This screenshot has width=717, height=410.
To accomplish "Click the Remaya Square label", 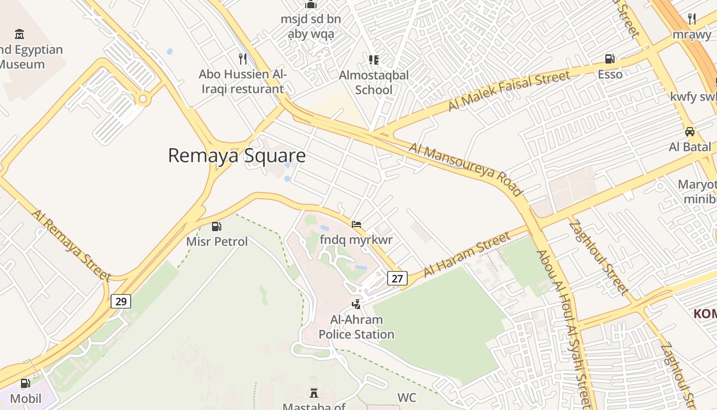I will tap(237, 155).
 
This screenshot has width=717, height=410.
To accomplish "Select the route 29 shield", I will tap(121, 301).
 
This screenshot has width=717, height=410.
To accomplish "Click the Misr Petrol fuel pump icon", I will tap(217, 227).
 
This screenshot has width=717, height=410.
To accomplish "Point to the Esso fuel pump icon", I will tap(610, 59).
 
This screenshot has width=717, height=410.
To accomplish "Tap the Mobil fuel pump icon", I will tap(25, 383).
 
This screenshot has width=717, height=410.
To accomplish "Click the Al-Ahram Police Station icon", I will tap(356, 304).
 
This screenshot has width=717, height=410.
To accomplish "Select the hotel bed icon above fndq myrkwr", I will tap(356, 224).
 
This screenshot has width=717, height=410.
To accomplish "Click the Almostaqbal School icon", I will tap(374, 60).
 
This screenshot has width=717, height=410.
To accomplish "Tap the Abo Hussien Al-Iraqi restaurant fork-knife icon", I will tap(243, 59).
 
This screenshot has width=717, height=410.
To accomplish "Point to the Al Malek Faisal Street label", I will tap(509, 91).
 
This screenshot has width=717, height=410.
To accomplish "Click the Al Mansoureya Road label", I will tap(465, 170).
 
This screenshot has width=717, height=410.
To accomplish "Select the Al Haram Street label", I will tap(467, 254).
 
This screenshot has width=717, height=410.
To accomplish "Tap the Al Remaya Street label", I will tap(71, 245).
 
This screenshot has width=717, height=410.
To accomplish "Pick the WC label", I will tap(407, 398).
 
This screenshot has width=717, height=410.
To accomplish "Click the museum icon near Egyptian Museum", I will tap(19, 34).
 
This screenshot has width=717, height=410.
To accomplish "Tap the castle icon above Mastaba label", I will tap(314, 394).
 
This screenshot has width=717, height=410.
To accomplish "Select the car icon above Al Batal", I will tap(690, 132).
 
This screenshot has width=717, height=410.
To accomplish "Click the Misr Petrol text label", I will tap(217, 241).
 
